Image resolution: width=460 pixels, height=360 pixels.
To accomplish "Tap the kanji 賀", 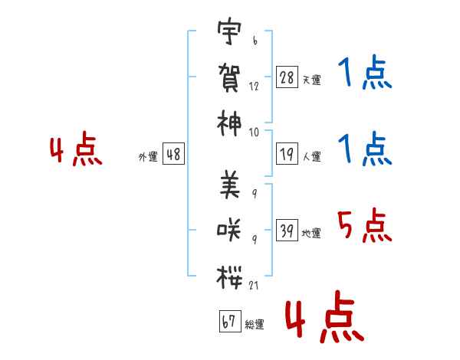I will point(228,78).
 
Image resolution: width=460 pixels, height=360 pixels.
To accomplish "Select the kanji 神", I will point(228,123).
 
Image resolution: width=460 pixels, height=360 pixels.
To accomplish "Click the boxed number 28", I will point(287,77).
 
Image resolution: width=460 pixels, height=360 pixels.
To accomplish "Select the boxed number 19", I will point(287,154).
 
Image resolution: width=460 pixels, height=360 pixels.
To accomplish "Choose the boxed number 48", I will point(173,154).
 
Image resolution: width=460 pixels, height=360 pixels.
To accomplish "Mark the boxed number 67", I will point(228,321).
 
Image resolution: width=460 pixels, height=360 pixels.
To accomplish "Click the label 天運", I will point(312,80).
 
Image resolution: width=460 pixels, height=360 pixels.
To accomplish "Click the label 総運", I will point(255,324).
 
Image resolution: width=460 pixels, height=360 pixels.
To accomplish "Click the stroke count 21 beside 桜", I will point(255,286).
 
